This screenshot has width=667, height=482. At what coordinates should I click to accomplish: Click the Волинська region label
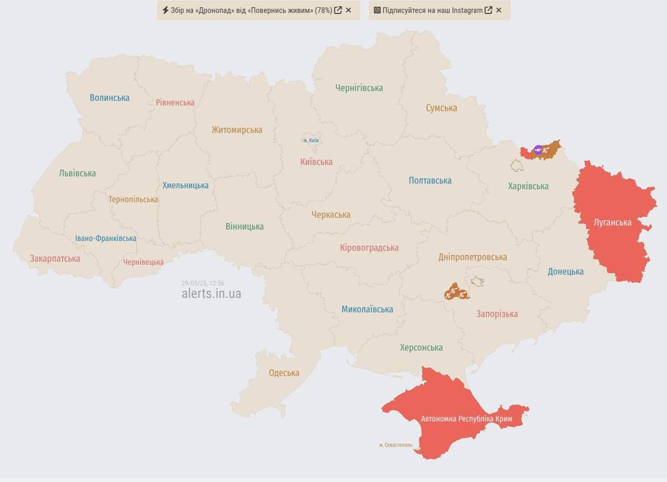pos(109,98)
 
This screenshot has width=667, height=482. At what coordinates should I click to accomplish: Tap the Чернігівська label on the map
pos(359,88)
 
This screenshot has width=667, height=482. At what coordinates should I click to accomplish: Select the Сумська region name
pos(441,108)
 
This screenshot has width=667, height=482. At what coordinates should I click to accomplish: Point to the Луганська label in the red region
pos(612,222)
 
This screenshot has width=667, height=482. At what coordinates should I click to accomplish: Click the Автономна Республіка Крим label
pos(466,419)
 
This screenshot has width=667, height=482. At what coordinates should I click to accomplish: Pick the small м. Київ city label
pos(311,140)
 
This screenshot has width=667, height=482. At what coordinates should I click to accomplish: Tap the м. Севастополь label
pos(395,445)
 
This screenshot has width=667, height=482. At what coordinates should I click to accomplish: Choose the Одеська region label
pos(284,373)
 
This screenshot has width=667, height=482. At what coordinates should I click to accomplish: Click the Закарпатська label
pos(55,259)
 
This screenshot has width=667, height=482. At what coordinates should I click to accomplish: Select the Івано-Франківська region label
pos(105,238)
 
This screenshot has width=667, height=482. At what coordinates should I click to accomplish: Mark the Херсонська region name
pos(421,348)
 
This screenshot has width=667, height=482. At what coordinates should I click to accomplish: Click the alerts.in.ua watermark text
pos(211,294)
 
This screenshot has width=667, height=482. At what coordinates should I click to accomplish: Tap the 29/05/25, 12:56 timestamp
pos(203,283)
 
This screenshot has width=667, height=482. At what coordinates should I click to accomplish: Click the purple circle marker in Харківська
pos(538,149)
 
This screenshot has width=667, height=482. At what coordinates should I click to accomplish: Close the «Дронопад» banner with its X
pos(348,10)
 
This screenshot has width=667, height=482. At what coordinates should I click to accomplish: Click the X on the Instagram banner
pos(499,10)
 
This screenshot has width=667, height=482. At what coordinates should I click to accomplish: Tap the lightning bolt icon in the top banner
pos(166,10)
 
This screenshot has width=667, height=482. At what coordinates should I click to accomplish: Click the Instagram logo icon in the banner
pos(377,10)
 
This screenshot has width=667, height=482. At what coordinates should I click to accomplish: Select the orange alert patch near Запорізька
pos(456,292)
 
